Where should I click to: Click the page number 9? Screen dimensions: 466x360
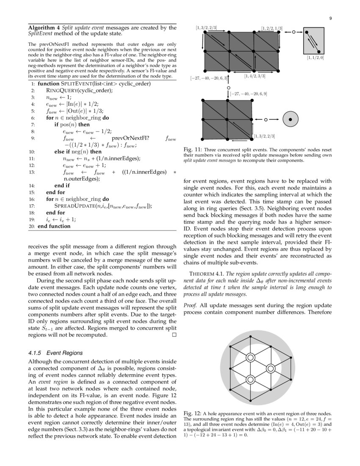point(330,18)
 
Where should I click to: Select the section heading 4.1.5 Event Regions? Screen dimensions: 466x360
point(55,352)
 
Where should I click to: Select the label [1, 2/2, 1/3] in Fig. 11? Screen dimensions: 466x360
point(272,28)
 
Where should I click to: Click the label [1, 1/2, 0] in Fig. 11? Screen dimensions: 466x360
point(316,57)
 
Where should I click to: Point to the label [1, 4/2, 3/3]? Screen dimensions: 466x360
point(255,76)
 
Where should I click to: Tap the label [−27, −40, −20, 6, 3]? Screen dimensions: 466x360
point(209,78)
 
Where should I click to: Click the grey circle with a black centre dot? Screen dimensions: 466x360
point(290,120)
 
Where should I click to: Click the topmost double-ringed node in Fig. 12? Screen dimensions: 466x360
point(250,358)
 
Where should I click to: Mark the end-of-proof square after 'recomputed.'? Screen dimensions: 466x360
point(174,335)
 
